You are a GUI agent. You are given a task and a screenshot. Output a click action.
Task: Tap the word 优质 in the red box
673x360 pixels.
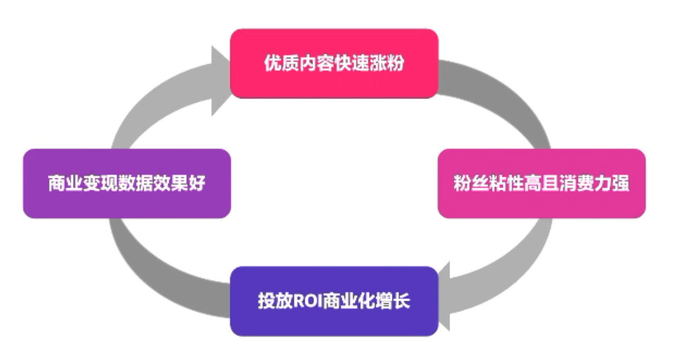pyautogui.click(x=275, y=64)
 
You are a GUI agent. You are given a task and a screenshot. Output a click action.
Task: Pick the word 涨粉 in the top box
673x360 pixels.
pyautogui.click(x=392, y=64)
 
